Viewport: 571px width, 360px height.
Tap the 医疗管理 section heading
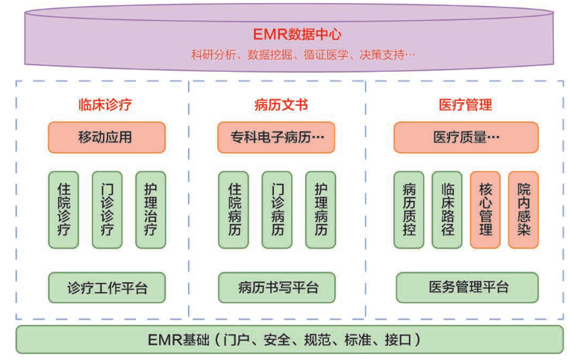[x=465, y=105]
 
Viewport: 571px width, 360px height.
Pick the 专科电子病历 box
[x=276, y=137]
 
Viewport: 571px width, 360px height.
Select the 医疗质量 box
[x=466, y=137]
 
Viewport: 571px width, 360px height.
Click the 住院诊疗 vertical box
[x=63, y=210]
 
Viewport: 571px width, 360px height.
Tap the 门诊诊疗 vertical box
[x=107, y=210]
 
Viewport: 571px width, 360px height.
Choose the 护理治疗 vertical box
[x=150, y=210]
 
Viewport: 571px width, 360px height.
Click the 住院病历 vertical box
[x=234, y=210]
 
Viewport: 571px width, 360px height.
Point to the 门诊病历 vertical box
[x=277, y=210]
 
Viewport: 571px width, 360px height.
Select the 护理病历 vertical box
[x=320, y=210]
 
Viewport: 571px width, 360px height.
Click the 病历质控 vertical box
[x=408, y=210]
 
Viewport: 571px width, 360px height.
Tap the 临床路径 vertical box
[x=447, y=210]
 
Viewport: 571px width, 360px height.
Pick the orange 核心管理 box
[x=485, y=210]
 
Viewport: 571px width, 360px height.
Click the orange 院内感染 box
[x=523, y=210]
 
